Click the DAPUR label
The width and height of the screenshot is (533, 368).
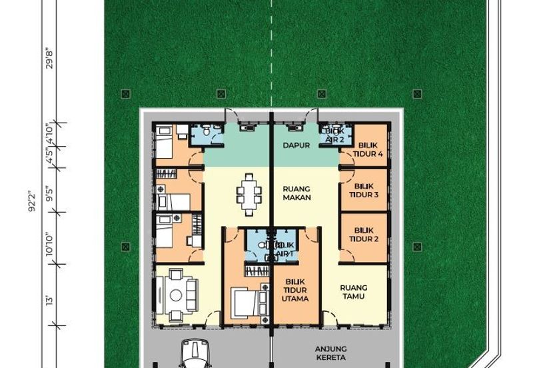[296, 146]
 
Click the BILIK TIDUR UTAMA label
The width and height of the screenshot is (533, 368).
[295, 290]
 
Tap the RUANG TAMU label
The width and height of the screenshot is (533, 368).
[353, 292]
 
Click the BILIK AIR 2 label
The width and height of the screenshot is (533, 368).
[334, 135]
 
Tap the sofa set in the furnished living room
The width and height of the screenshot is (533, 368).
[180, 291]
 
